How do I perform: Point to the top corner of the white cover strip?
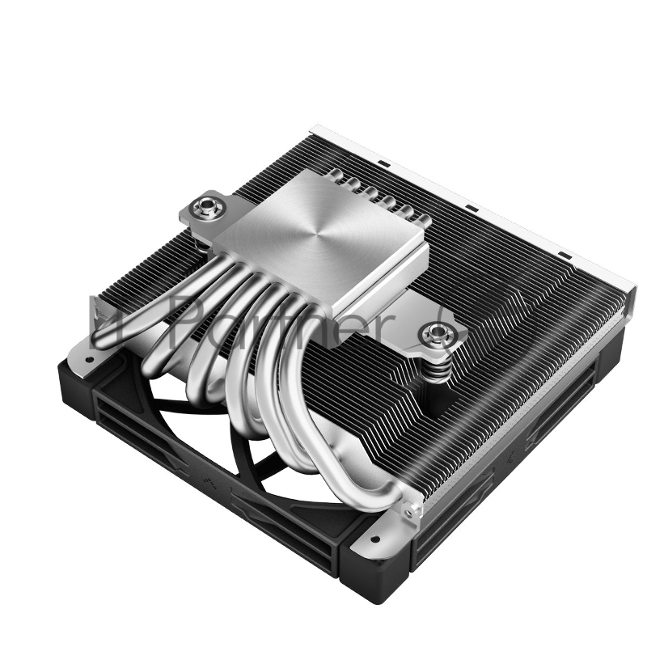(314, 127)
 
